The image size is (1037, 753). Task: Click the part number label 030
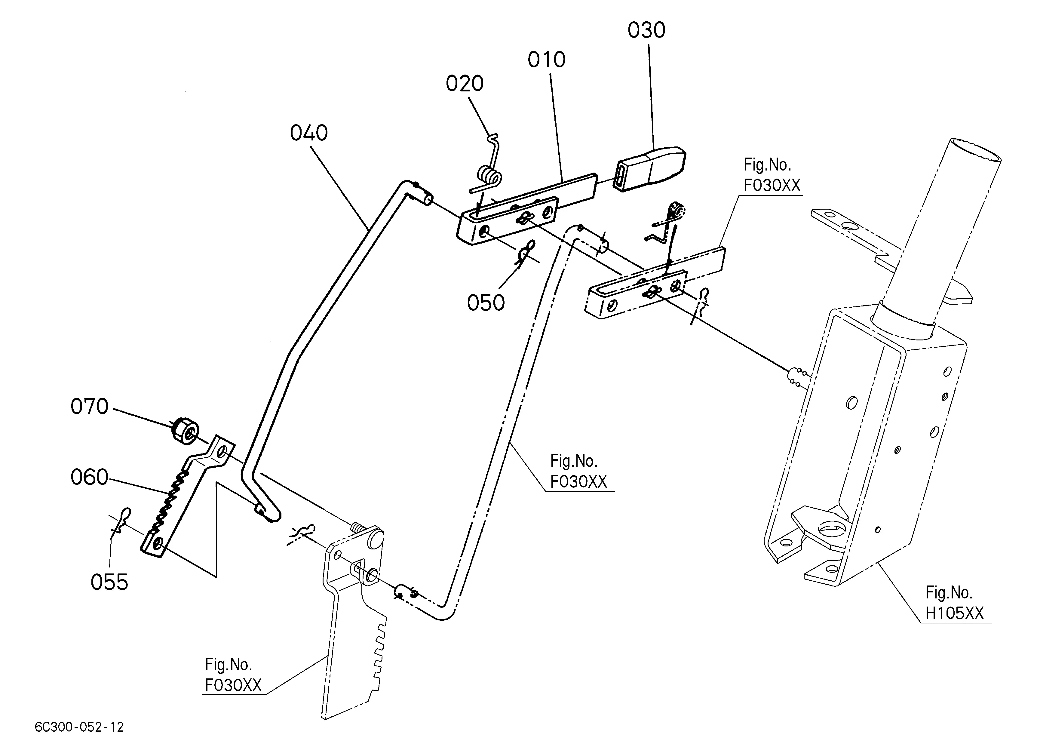coord(646,30)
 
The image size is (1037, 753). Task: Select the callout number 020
coord(465,84)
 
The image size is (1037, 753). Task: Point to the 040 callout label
coord(309,133)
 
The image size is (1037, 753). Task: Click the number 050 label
coord(486,303)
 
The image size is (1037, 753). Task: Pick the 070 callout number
coord(89,407)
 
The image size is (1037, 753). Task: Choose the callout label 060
coord(89,477)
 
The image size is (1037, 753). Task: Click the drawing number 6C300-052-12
coord(79,727)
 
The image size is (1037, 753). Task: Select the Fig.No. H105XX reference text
coord(954,603)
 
